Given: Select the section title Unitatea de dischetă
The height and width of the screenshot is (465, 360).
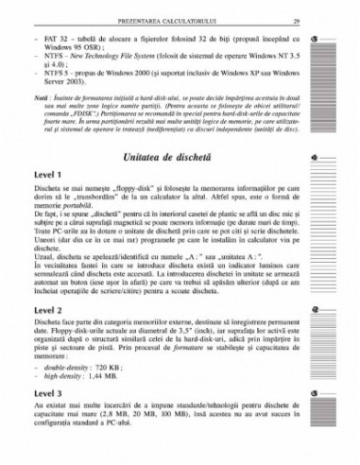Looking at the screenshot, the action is tap(166, 154).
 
